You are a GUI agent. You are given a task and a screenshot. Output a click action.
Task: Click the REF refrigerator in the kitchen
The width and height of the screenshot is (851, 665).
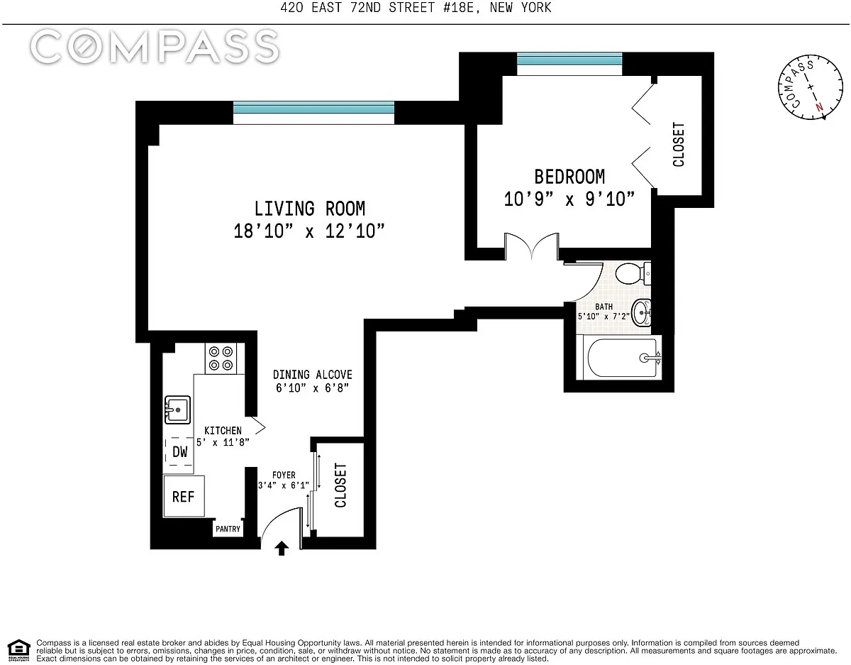(x=184, y=496)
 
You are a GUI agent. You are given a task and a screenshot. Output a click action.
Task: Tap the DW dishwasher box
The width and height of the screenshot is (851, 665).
(x=179, y=451)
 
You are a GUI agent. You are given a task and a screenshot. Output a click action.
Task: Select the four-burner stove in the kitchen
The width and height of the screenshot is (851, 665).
(x=221, y=358)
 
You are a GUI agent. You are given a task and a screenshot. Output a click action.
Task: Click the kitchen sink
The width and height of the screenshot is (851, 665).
(x=177, y=410)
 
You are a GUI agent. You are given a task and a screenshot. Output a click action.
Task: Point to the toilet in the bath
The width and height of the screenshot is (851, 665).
(x=633, y=273)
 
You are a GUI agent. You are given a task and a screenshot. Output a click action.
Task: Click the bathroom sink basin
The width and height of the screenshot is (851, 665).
(x=641, y=313)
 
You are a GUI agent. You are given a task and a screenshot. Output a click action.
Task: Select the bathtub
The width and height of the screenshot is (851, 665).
(x=624, y=358)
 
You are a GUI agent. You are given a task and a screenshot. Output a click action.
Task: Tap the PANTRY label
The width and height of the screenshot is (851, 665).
(x=228, y=529)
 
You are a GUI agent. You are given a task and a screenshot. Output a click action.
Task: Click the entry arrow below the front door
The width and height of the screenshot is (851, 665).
(x=282, y=548)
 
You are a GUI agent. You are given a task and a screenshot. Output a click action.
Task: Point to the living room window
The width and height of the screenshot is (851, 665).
(x=313, y=113)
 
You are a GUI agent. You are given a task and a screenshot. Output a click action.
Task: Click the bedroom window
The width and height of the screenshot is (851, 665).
(x=569, y=64)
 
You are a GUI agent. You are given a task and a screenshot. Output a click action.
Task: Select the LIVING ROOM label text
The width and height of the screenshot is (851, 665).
(x=310, y=209)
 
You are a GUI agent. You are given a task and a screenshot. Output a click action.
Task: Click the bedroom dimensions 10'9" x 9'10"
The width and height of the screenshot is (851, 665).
(x=569, y=199)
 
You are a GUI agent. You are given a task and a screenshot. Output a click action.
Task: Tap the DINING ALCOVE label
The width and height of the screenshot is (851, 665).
(x=313, y=375)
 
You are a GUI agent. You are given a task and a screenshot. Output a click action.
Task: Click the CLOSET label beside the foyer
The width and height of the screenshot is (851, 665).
(x=340, y=485)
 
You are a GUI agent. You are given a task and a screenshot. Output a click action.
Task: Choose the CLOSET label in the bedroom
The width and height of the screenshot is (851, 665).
(x=678, y=144)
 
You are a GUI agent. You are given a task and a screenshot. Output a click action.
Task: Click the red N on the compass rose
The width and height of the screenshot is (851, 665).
(x=819, y=107)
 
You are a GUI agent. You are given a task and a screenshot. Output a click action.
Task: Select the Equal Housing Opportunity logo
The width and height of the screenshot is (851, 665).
(x=18, y=651)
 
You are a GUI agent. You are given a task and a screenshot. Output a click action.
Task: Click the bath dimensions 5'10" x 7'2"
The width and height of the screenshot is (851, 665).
(x=604, y=317)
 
